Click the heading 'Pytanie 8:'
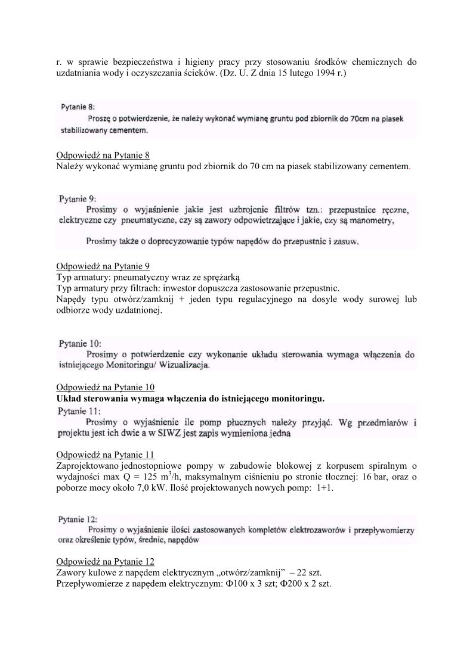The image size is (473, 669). tap(78, 107)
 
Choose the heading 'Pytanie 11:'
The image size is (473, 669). tap(79, 411)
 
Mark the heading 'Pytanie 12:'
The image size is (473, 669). tap(79, 519)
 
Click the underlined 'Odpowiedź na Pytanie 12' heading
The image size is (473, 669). tap(105, 562)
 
